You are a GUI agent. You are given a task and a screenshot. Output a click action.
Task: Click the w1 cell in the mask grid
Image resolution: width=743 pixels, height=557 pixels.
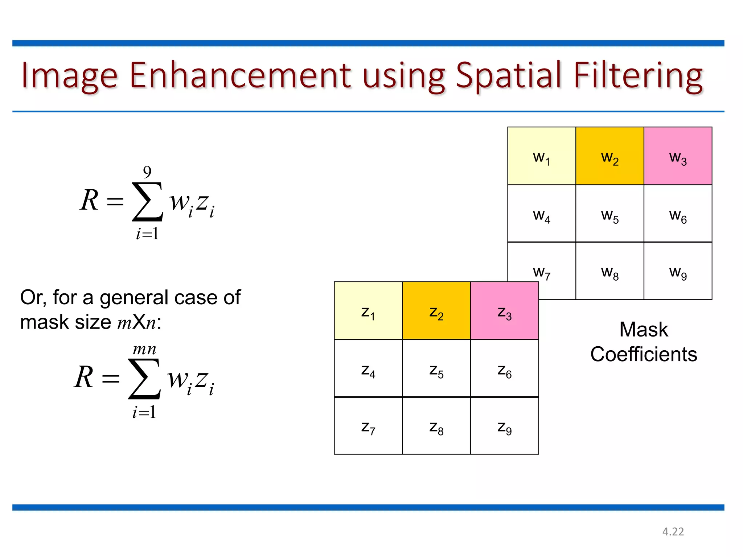point(541,156)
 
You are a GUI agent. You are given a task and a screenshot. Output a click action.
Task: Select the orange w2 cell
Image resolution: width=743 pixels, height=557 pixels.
point(609,156)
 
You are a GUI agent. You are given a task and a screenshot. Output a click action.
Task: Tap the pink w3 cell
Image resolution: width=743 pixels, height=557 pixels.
point(678,156)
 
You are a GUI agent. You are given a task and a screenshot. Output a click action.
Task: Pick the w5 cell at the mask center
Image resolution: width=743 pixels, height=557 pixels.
point(609,214)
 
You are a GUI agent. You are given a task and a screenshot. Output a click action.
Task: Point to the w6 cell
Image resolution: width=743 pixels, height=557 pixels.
point(678,214)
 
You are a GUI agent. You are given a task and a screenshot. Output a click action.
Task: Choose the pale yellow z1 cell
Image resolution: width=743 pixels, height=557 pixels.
point(368,311)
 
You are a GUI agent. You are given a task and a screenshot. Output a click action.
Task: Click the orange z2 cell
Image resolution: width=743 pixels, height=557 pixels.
point(436,311)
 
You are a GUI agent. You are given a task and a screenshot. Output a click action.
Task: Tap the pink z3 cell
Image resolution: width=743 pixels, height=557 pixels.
point(504,311)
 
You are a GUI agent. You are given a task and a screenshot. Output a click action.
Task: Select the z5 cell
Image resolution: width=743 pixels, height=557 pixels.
point(436,369)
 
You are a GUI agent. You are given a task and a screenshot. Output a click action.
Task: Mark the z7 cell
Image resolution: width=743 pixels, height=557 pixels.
point(368,426)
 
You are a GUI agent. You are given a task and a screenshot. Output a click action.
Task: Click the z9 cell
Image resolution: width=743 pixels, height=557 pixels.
point(504,426)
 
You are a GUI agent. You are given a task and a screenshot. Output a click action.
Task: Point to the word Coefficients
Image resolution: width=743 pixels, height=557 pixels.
point(644,354)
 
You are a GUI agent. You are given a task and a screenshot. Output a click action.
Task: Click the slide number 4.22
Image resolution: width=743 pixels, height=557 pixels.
point(673,532)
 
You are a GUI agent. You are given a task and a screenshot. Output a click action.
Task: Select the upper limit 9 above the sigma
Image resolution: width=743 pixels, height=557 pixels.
point(147,172)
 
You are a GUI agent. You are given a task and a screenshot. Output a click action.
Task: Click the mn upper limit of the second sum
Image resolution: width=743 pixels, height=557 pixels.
point(144,349)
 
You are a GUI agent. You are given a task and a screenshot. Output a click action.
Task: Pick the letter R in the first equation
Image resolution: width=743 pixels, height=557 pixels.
point(89,200)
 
